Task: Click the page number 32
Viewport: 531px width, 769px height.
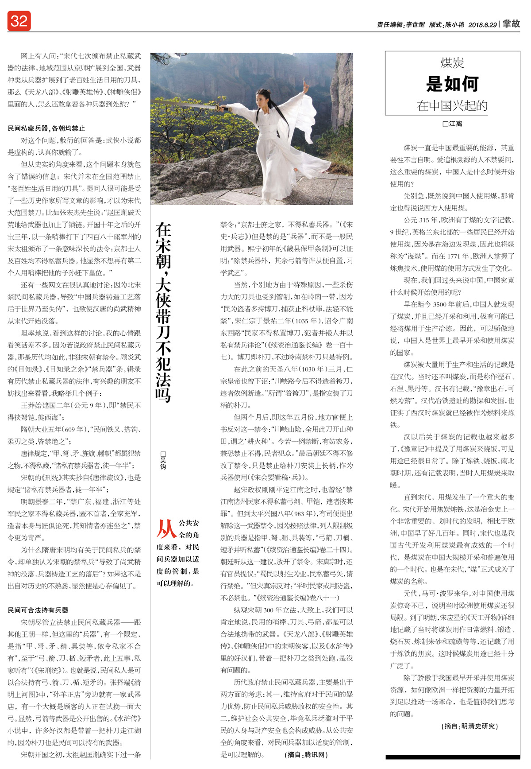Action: coord(19,21)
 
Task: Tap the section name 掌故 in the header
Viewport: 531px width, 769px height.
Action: coord(511,24)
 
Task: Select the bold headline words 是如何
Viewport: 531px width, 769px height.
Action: coord(452,83)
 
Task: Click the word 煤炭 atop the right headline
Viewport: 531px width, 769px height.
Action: coord(452,63)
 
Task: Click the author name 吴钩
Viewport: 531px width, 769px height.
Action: coord(163,460)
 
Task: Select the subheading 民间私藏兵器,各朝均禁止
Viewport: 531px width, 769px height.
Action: coord(46,128)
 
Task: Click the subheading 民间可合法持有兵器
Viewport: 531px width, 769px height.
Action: coord(38,610)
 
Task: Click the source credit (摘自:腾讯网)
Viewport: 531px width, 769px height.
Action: coord(306,754)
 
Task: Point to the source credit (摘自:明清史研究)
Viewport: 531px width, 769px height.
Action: coord(469,726)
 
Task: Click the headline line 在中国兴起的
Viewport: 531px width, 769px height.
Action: coord(452,105)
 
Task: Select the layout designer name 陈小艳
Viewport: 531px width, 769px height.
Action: coord(454,25)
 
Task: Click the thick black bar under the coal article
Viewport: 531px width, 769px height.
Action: coord(452,757)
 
